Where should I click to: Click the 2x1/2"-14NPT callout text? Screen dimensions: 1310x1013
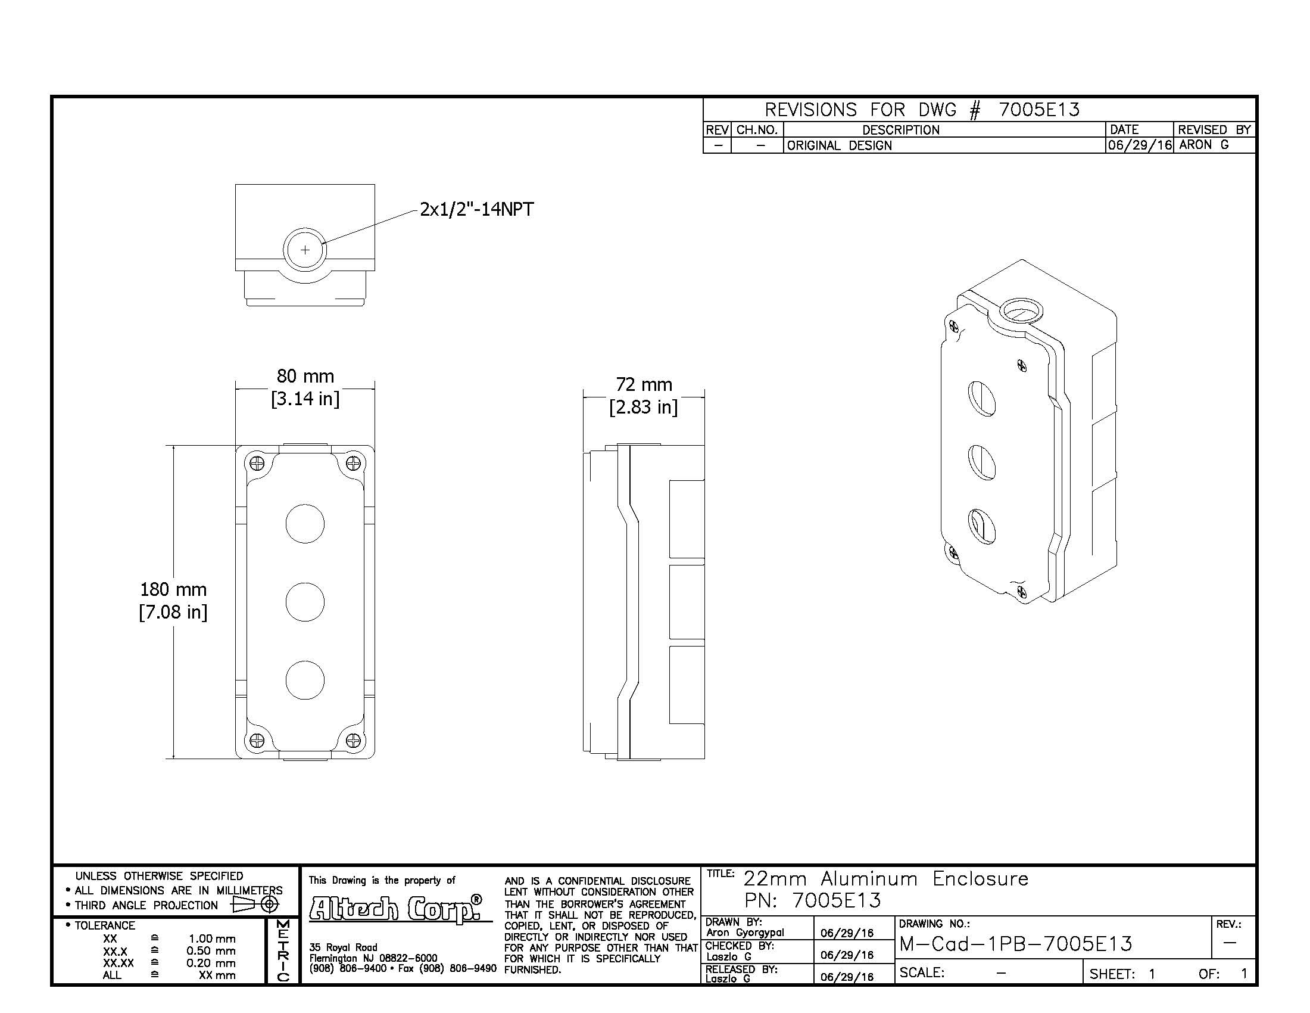click(x=476, y=209)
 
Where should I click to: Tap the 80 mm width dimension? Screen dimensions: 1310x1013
click(x=305, y=387)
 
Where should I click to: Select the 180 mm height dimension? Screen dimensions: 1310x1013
click(x=173, y=600)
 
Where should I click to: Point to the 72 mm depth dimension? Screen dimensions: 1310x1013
click(x=644, y=396)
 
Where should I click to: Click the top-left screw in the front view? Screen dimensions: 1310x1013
click(x=257, y=463)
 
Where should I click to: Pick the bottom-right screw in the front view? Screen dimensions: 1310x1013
click(x=354, y=740)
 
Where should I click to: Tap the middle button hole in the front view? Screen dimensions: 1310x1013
click(x=305, y=602)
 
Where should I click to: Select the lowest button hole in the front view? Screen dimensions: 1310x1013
click(x=305, y=680)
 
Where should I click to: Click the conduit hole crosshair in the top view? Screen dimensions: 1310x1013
click(x=305, y=250)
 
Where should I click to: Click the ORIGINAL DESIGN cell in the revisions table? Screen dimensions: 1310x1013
click(x=839, y=145)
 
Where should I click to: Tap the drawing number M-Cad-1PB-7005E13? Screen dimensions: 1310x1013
click(x=1015, y=944)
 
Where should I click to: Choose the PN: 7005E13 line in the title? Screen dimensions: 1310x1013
click(x=813, y=900)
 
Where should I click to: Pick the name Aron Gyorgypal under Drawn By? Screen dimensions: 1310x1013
click(x=745, y=932)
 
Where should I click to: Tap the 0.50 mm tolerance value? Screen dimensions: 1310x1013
click(x=211, y=951)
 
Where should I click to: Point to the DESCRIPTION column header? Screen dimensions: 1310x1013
click(x=900, y=130)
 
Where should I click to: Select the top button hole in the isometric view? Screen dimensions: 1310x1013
click(x=982, y=399)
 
